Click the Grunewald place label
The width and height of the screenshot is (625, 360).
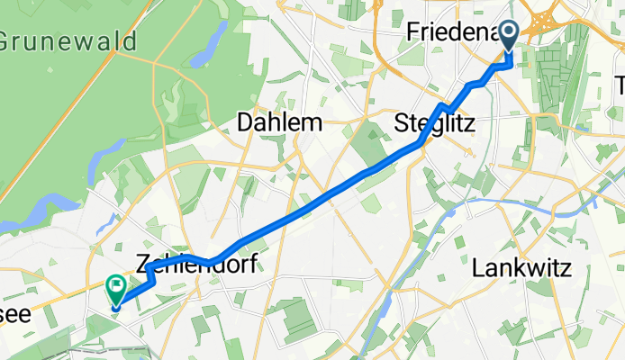[68, 42]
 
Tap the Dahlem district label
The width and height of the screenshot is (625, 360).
[278, 123]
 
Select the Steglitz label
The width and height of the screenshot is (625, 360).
[435, 123]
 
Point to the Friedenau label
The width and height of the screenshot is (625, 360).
[450, 33]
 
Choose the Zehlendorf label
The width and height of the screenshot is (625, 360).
[196, 265]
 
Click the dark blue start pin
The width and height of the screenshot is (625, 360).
[509, 35]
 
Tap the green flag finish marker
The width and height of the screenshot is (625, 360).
[116, 289]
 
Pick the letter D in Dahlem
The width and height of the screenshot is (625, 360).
[246, 123]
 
